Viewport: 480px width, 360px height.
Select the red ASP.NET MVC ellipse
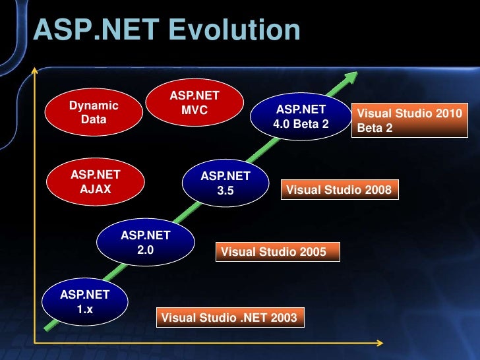pos(195,103)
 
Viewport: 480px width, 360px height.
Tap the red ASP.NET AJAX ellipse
pos(95,182)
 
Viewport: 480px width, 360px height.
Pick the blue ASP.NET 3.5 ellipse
pos(225,183)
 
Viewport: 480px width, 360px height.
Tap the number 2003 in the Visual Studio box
pos(284,318)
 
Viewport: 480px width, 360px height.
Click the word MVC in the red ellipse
pos(195,110)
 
